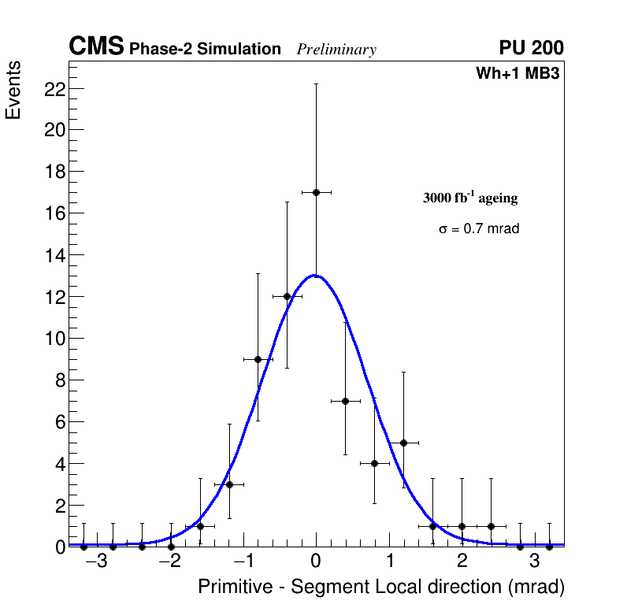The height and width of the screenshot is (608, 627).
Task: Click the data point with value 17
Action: pyautogui.click(x=316, y=192)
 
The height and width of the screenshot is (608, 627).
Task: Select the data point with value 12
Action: pyautogui.click(x=287, y=296)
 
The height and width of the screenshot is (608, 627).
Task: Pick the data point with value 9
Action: pyautogui.click(x=258, y=359)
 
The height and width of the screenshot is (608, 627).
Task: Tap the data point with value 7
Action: pyautogui.click(x=345, y=401)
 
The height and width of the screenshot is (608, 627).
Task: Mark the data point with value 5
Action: pyautogui.click(x=403, y=443)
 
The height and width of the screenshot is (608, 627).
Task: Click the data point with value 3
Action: pyautogui.click(x=229, y=484)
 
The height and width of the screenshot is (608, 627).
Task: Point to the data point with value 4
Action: pyautogui.click(x=374, y=463)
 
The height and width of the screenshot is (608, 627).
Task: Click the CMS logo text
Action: pyautogui.click(x=96, y=47)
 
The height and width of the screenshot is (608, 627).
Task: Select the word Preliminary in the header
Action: pyautogui.click(x=336, y=50)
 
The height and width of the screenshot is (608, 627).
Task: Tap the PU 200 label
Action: pyautogui.click(x=531, y=48)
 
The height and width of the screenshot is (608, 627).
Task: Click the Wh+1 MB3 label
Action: pyautogui.click(x=518, y=74)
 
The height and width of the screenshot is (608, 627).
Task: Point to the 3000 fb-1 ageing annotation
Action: pyautogui.click(x=470, y=198)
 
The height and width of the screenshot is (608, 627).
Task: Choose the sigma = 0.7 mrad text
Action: pyautogui.click(x=479, y=229)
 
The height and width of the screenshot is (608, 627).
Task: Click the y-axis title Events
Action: pyautogui.click(x=13, y=91)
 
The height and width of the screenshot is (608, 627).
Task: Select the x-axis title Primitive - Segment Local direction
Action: pyautogui.click(x=381, y=588)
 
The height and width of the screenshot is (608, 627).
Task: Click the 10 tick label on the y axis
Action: pyautogui.click(x=54, y=339)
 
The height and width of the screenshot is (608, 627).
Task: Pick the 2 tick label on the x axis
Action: pyautogui.click(x=462, y=562)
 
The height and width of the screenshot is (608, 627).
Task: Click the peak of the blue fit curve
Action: pyautogui.click(x=315, y=276)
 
